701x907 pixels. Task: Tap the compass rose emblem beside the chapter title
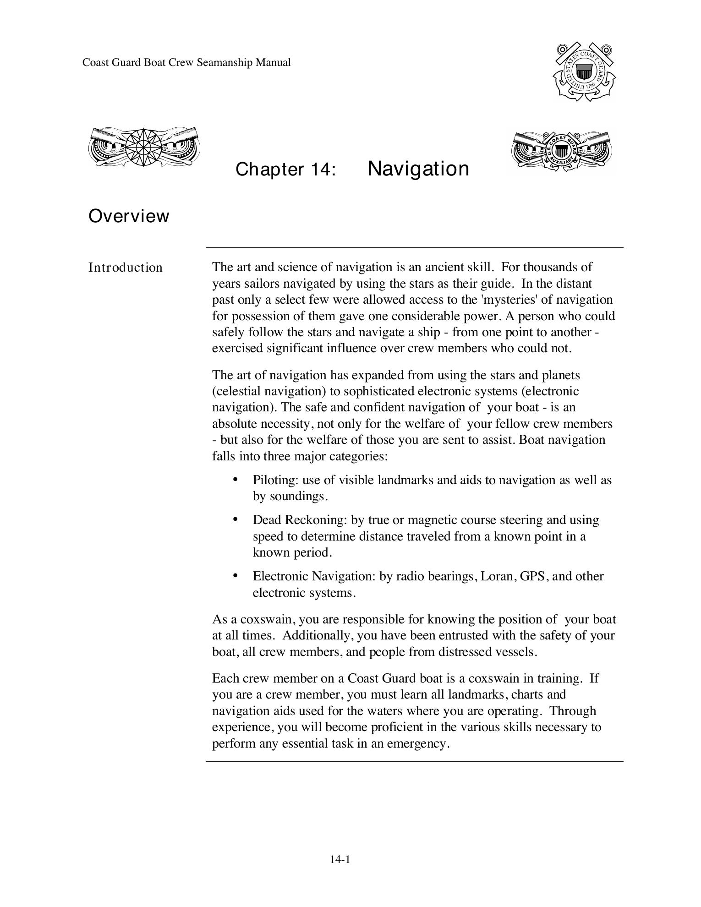click(x=144, y=147)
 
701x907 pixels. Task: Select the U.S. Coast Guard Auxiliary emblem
click(x=563, y=151)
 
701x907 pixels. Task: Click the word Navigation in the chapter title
click(x=418, y=169)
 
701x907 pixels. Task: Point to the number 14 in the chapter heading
click(x=320, y=169)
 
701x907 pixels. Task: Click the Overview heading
click(x=129, y=216)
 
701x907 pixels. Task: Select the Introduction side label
click(x=125, y=268)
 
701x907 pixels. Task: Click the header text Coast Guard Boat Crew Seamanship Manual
click(x=186, y=63)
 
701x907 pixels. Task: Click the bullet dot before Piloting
click(x=235, y=479)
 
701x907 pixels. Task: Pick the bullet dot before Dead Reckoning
click(x=235, y=519)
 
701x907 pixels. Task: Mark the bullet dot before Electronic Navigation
click(x=235, y=575)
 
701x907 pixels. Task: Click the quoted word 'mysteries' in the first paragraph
click(x=510, y=300)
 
